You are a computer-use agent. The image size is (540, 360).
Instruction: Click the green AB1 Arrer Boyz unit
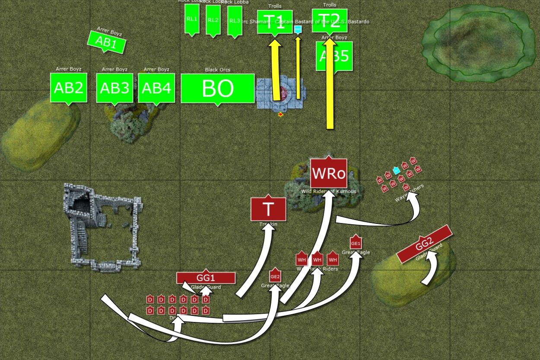point(106,42)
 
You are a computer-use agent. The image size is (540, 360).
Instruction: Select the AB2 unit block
point(69,88)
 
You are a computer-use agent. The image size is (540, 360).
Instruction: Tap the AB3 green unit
point(114,88)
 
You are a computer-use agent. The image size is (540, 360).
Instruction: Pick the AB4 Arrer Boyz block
point(156,88)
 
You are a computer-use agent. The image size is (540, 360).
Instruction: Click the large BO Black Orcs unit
point(217,88)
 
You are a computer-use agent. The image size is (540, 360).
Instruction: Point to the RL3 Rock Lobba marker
point(235,21)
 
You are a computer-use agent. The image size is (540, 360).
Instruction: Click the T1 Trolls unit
point(275,22)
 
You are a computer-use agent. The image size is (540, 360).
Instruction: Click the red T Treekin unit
point(268,209)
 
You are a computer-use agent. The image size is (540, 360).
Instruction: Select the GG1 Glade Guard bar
point(206,278)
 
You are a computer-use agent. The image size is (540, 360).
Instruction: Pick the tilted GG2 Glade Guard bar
point(424,244)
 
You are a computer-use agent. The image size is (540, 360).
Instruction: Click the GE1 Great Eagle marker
point(356,243)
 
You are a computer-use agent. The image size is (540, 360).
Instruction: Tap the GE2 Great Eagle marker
point(275,277)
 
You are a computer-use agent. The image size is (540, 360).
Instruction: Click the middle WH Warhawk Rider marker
point(317,259)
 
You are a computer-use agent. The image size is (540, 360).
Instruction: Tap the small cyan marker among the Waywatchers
point(396,170)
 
